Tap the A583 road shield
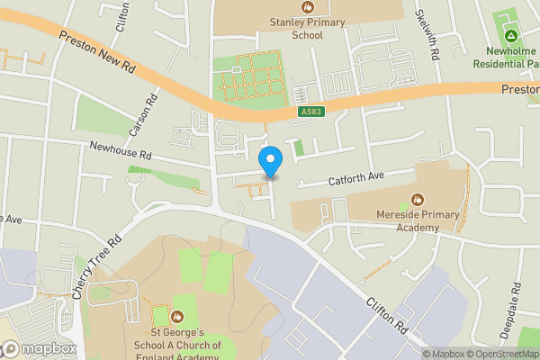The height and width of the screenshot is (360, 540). pos(311,112)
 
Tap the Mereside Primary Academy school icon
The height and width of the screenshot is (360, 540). pos(418,199)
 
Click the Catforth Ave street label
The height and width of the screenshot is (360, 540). pos(355,178)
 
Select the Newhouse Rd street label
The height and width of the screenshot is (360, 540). pos(119,150)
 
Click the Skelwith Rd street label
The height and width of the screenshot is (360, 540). pos(428,35)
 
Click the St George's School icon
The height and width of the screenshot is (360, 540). pos(176,316)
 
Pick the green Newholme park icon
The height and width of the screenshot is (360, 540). pos(511,36)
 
